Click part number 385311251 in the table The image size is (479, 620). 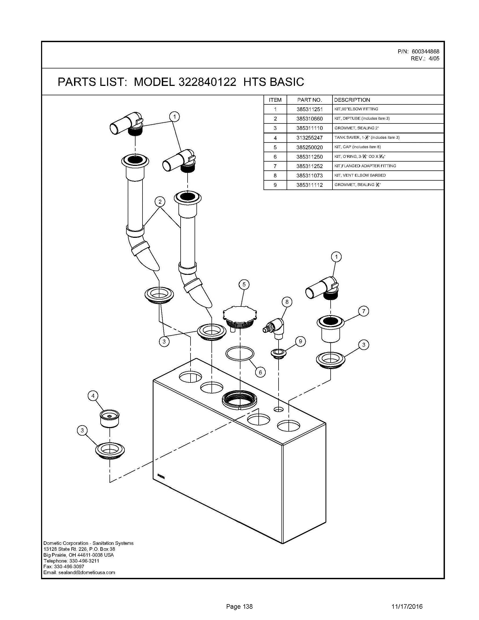point(310,109)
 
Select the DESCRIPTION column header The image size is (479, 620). point(352,100)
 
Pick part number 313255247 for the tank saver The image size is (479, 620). point(310,138)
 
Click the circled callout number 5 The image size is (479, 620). point(244,285)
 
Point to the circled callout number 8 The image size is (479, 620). point(287,302)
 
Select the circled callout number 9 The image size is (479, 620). point(300,341)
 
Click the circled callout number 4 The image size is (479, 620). point(93,396)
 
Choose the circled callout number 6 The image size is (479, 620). point(260,372)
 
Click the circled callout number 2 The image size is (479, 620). point(160,202)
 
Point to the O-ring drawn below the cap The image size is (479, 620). point(240,354)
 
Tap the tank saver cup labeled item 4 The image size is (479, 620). point(109,418)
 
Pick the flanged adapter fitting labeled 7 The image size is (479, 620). point(330,329)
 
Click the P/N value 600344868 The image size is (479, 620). point(425,52)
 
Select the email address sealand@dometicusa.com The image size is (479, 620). point(87,572)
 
